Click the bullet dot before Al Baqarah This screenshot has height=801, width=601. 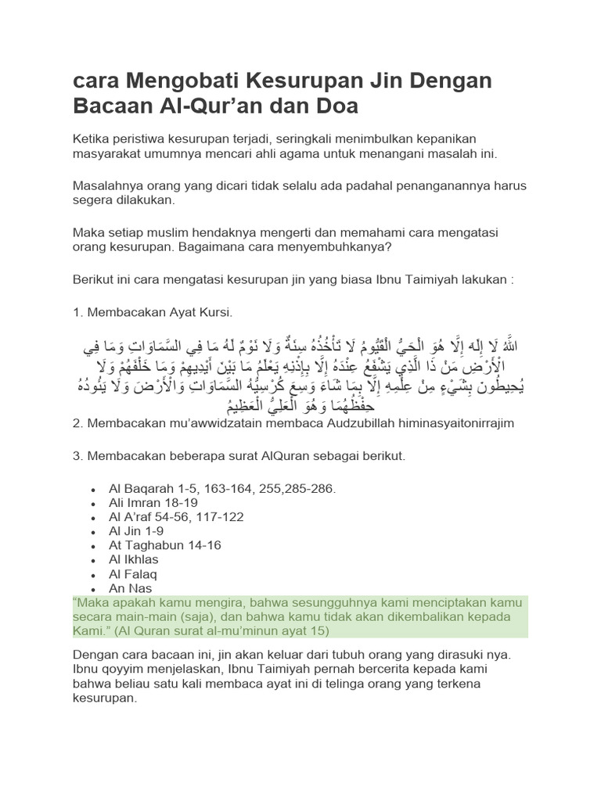pyautogui.click(x=93, y=490)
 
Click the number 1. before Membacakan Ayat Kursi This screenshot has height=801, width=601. pyautogui.click(x=77, y=313)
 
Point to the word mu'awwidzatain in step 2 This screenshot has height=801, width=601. pyautogui.click(x=205, y=423)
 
